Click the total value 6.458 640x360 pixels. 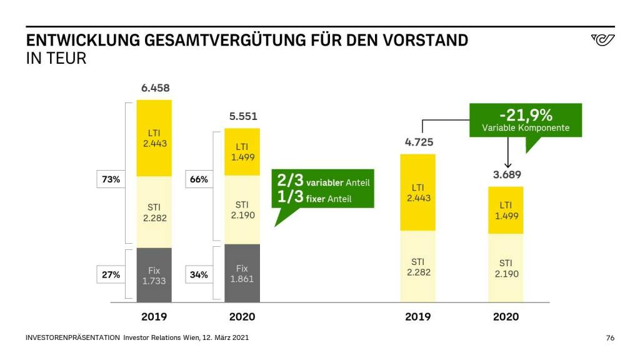154,88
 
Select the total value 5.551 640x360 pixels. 242,116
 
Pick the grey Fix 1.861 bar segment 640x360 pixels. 242,273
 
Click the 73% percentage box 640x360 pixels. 111,179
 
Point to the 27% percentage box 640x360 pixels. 111,274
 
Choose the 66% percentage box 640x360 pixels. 199,179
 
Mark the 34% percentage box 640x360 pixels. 199,274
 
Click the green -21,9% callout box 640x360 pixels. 526,121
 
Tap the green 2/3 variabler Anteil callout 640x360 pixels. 322,189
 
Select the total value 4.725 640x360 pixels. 418,142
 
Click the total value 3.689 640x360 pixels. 506,174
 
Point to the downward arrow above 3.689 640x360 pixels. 507,153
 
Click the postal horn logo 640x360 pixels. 602,41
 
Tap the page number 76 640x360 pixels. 610,338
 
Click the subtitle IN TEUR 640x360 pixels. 56,59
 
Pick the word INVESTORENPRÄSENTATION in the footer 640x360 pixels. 72,338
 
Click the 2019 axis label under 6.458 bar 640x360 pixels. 154,317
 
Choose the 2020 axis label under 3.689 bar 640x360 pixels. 506,317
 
